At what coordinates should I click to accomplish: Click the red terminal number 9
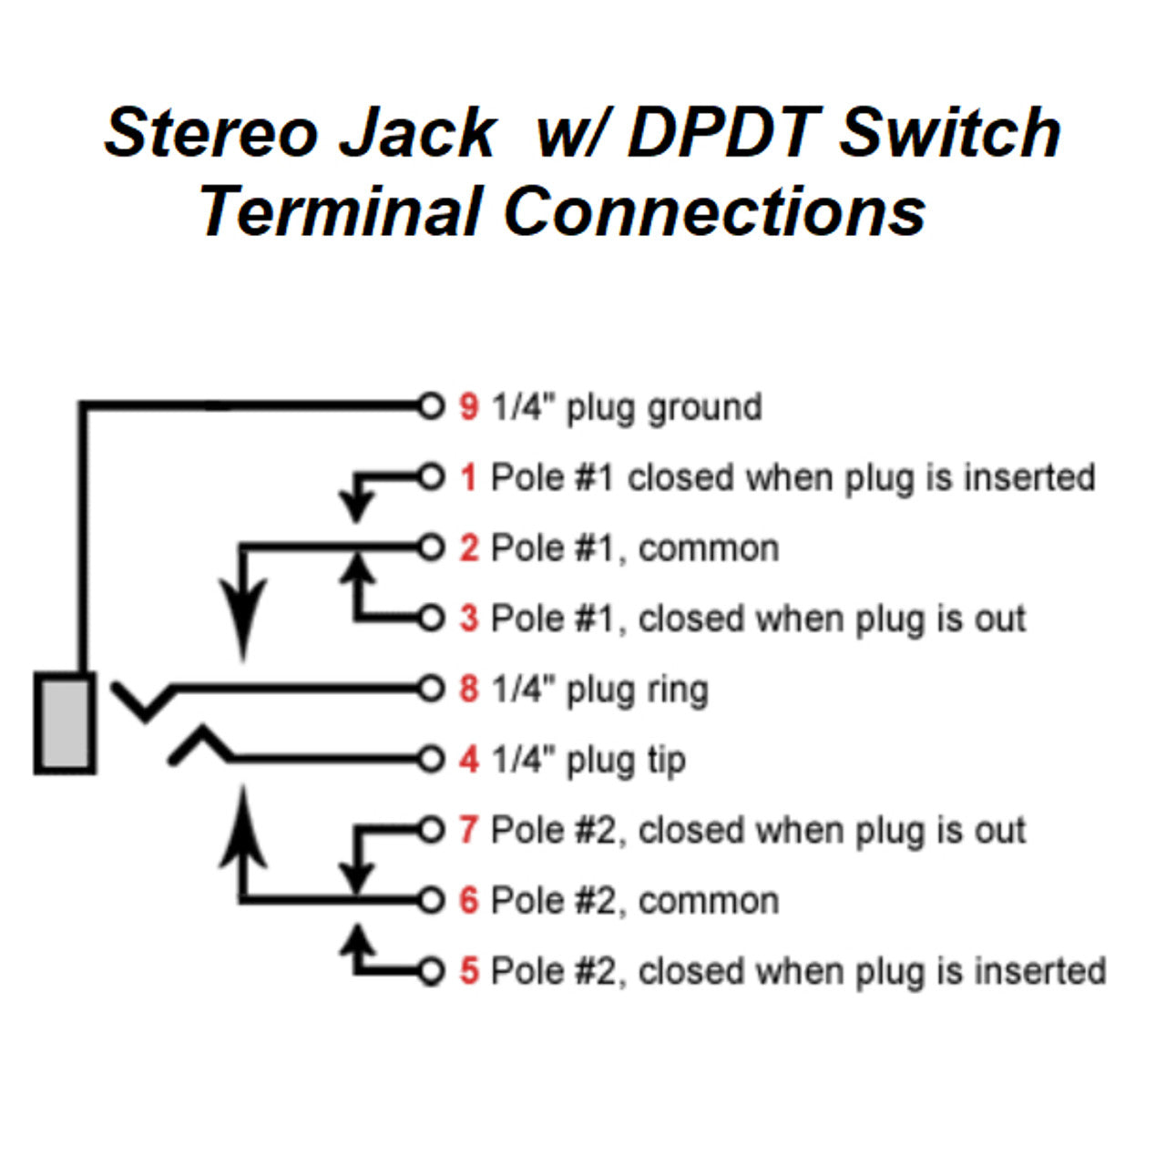tap(468, 406)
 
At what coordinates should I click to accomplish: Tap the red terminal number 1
tap(468, 477)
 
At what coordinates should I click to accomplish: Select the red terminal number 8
tap(468, 689)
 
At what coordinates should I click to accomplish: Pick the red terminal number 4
tap(468, 760)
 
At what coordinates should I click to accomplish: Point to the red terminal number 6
tap(468, 901)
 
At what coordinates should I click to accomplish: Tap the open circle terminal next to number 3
tap(431, 618)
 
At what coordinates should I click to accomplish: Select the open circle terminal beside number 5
tap(431, 971)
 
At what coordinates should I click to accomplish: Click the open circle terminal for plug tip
tap(431, 759)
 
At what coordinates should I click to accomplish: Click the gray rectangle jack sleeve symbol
tap(65, 723)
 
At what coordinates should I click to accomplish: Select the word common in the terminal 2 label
tap(709, 548)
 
